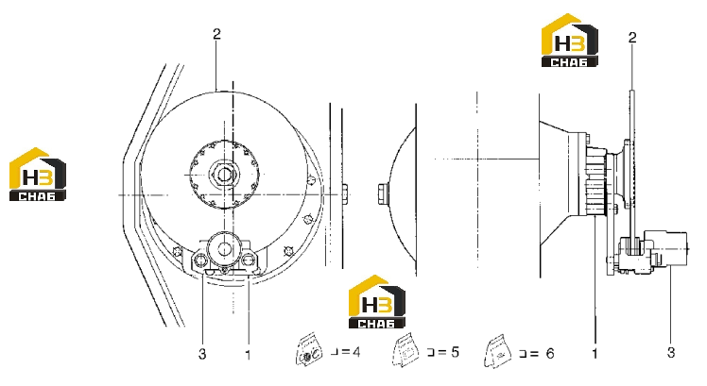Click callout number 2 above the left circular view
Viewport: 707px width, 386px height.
pyautogui.click(x=216, y=34)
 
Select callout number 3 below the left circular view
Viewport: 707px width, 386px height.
pyautogui.click(x=202, y=354)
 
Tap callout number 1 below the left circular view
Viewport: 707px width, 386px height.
pyautogui.click(x=248, y=355)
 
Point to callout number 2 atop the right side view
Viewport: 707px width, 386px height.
pyautogui.click(x=632, y=38)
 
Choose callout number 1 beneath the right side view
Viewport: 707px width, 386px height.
pyautogui.click(x=595, y=354)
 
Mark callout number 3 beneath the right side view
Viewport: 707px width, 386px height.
pyautogui.click(x=671, y=352)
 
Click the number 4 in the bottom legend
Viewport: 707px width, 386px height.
pyautogui.click(x=355, y=351)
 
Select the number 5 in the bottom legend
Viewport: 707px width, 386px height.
pyautogui.click(x=455, y=351)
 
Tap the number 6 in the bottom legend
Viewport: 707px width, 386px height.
pyautogui.click(x=550, y=353)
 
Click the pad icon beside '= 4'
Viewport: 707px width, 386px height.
pyautogui.click(x=310, y=349)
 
